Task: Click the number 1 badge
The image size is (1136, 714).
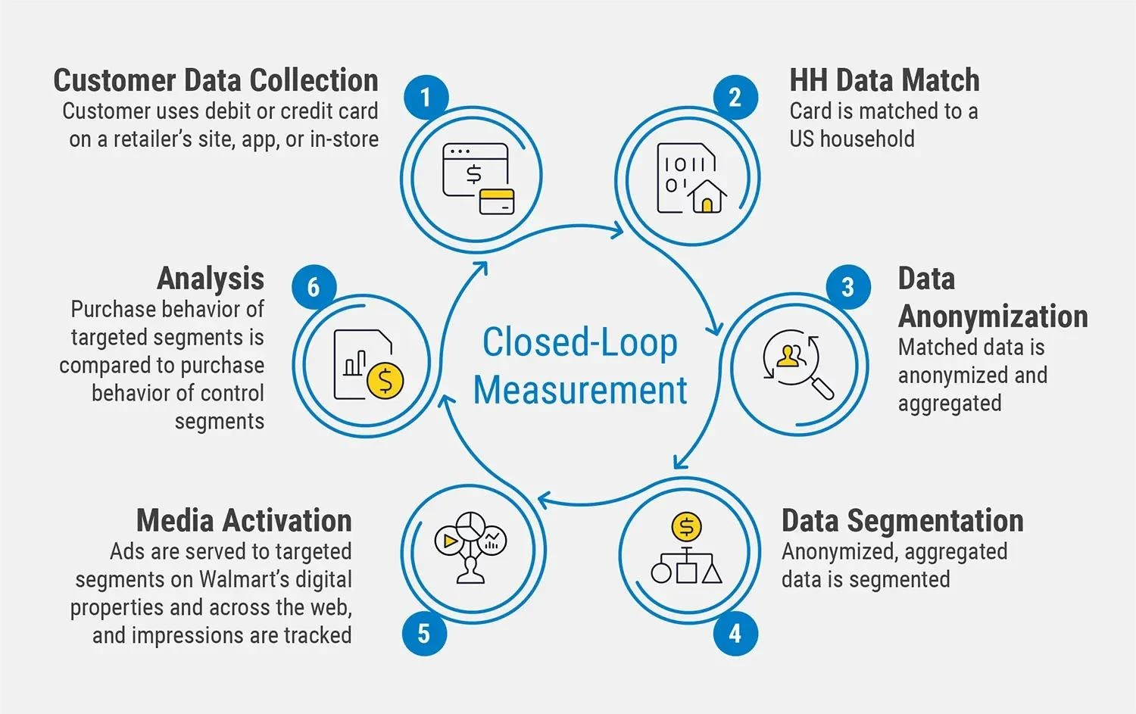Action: pyautogui.click(x=426, y=98)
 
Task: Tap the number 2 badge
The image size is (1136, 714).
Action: pyautogui.click(x=735, y=98)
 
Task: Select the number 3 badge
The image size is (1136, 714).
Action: pyautogui.click(x=847, y=287)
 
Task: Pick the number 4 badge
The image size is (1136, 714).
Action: pyautogui.click(x=735, y=633)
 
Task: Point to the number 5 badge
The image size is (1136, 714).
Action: pyautogui.click(x=424, y=633)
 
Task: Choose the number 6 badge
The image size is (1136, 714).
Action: pyautogui.click(x=314, y=287)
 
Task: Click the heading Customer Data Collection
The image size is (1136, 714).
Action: pyautogui.click(x=216, y=80)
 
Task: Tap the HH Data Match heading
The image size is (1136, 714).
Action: pyautogui.click(x=884, y=80)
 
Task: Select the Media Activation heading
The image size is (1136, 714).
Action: pyautogui.click(x=244, y=521)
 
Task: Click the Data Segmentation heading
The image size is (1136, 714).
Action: pyautogui.click(x=902, y=521)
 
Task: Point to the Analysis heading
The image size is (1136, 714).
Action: pyautogui.click(x=211, y=279)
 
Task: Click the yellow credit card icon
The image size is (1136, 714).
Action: pyautogui.click(x=498, y=201)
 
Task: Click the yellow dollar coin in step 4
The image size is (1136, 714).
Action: pyautogui.click(x=686, y=526)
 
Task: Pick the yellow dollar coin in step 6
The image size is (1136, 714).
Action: pyautogui.click(x=385, y=380)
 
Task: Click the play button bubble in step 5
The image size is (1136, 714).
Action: pyautogui.click(x=449, y=541)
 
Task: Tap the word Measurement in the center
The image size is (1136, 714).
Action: pyautogui.click(x=580, y=391)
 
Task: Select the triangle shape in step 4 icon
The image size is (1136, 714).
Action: pyautogui.click(x=711, y=573)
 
